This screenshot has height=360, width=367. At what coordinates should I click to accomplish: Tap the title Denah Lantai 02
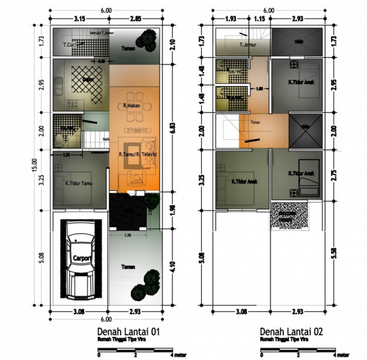[x=291, y=332]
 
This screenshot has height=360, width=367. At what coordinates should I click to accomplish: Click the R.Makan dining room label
[x=131, y=106]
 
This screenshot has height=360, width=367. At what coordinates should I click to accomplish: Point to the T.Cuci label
[x=70, y=45]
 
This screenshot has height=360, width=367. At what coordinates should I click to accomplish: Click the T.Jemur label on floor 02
[x=247, y=45]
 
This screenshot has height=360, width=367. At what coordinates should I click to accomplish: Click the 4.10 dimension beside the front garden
[x=173, y=267]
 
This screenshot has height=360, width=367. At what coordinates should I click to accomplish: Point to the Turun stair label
[x=255, y=122]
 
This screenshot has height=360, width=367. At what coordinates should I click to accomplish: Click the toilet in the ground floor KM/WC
[x=59, y=139]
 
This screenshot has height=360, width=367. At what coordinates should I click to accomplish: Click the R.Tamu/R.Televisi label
[x=138, y=155]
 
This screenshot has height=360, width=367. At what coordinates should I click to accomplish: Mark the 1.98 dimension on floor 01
[x=173, y=210]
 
